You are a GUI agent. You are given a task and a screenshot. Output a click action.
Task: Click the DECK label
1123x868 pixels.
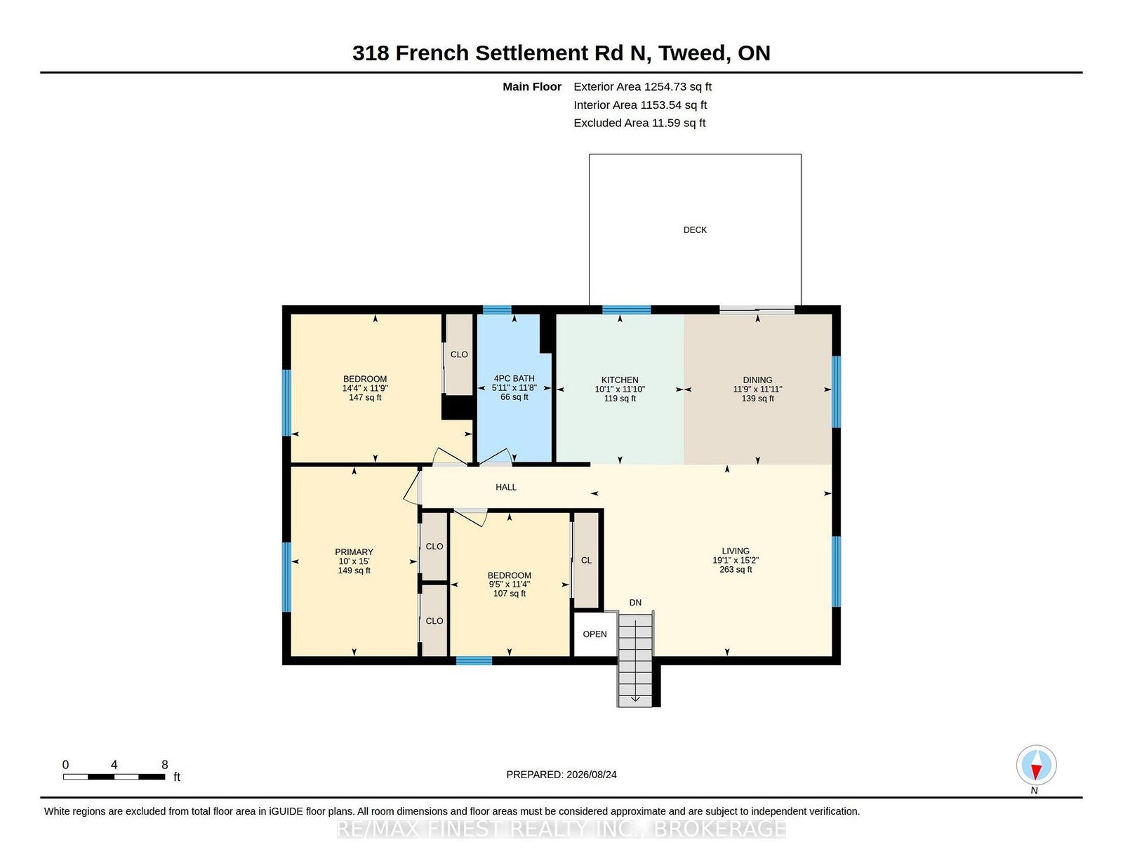[695, 230]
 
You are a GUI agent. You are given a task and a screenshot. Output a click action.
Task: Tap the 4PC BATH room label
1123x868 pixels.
[514, 378]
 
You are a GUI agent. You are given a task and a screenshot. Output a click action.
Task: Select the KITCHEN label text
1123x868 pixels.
[620, 380]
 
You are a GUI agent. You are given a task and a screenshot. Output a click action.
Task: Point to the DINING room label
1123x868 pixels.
[757, 380]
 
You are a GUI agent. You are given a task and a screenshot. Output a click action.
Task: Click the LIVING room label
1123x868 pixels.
[736, 551]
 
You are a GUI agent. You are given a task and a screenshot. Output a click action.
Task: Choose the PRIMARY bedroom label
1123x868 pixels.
[354, 552]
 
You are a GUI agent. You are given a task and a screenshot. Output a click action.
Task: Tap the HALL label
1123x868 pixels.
[506, 487]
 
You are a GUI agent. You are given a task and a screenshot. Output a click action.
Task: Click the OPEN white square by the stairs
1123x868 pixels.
[594, 634]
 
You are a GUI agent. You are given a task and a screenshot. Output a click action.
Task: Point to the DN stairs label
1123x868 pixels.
[635, 603]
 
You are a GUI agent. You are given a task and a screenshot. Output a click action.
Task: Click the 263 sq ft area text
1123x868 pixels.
[736, 569]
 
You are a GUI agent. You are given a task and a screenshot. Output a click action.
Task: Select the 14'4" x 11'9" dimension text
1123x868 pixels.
[365, 388]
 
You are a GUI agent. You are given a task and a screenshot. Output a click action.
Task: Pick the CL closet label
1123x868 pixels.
[586, 560]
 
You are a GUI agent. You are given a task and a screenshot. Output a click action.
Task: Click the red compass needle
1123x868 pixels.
[1036, 771]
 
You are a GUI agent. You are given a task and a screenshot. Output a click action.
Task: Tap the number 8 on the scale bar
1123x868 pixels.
[165, 765]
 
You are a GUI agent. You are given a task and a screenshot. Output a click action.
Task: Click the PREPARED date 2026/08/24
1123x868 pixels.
[591, 775]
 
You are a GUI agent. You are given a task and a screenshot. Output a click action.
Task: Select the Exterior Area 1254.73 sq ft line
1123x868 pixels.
[642, 87]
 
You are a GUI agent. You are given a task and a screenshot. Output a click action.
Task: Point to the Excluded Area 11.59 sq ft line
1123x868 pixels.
[639, 123]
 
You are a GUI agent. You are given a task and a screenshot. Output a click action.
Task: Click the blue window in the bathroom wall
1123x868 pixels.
[497, 310]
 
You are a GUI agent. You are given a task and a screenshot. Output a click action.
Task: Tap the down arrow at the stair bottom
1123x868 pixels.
[635, 698]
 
